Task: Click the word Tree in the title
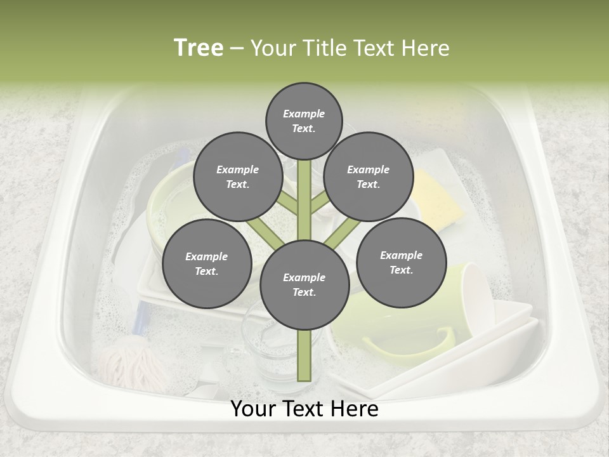tap(199, 48)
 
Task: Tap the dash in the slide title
tap(237, 48)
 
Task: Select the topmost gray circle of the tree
tap(304, 120)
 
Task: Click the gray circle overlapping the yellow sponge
tap(368, 176)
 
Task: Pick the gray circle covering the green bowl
tap(237, 176)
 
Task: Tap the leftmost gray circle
tap(206, 263)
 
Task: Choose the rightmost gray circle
tap(401, 262)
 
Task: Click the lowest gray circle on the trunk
tap(304, 284)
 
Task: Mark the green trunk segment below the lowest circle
tap(304, 355)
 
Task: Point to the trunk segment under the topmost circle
tap(304, 190)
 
